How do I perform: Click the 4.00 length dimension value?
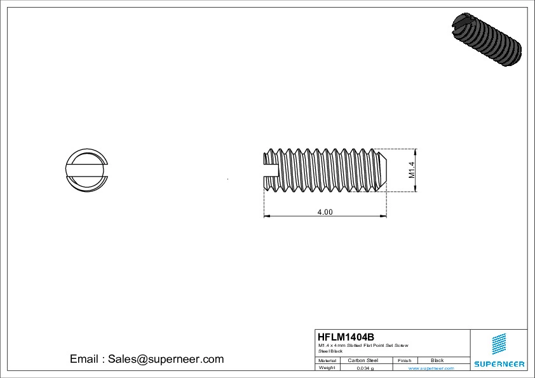[325, 212]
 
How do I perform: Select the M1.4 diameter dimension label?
[411, 170]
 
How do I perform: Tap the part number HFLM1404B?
[346, 337]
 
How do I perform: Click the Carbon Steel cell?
[363, 360]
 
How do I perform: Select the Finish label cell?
[405, 360]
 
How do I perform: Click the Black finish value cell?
[437, 360]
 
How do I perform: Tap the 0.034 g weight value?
[365, 368]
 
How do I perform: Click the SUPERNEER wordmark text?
[499, 364]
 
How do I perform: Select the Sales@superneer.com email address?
[166, 359]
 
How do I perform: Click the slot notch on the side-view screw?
[271, 170]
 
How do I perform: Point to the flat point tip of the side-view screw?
[384, 170]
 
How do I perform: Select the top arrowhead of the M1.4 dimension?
[416, 151]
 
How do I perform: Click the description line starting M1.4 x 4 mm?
[363, 346]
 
